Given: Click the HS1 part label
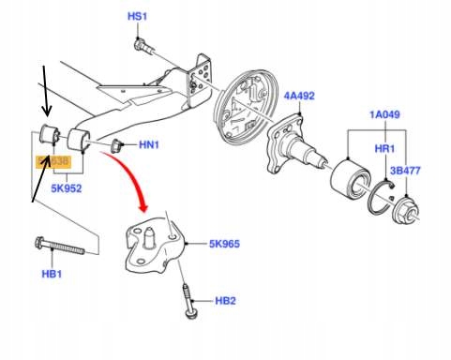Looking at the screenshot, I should [138, 17].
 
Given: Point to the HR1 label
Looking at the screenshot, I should [383, 148].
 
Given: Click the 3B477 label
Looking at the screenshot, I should [406, 172].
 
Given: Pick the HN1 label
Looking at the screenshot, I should [150, 145].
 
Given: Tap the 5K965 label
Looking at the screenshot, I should [225, 244].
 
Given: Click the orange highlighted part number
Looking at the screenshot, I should [53, 161].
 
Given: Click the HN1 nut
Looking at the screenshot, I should [118, 145].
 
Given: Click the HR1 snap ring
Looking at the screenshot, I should [382, 192].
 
